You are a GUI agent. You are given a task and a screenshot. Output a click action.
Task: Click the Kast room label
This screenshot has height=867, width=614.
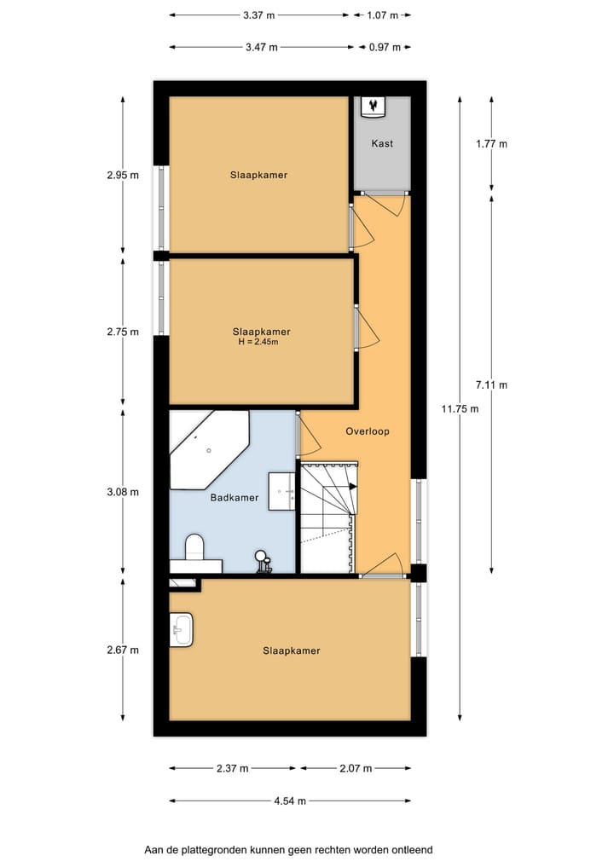pos(382,143)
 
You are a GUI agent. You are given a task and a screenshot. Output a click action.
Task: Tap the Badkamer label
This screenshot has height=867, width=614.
pos(234,498)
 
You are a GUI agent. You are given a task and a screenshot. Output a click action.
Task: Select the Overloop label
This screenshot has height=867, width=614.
pos(367,431)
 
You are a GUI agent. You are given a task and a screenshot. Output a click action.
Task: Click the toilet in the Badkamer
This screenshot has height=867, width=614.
pos(194,549)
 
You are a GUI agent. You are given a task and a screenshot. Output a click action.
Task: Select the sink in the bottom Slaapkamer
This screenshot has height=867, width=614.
pos(181,631)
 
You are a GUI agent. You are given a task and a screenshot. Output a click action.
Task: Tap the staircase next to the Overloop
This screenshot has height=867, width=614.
pos(328,517)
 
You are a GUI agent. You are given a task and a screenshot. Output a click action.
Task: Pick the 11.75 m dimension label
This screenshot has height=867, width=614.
pos(460,408)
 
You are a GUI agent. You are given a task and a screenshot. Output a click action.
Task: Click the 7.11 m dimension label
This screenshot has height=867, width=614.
pos(491,384)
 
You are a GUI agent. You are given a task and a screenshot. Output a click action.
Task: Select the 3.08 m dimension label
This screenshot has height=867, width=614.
pos(123,492)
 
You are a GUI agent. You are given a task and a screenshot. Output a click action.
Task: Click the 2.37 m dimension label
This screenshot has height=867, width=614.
pos(232,768)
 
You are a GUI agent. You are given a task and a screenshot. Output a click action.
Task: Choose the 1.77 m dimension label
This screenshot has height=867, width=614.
pos(491,144)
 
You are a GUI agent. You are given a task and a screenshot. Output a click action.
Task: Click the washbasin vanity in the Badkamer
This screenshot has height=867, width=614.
pos(282,491)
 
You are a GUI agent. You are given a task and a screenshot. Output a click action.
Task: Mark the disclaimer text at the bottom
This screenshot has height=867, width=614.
pos(288,850)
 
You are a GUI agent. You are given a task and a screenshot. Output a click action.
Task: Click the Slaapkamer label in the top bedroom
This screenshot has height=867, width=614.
pos(258,175)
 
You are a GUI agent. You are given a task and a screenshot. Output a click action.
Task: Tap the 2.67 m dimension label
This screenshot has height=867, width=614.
pos(123,650)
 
